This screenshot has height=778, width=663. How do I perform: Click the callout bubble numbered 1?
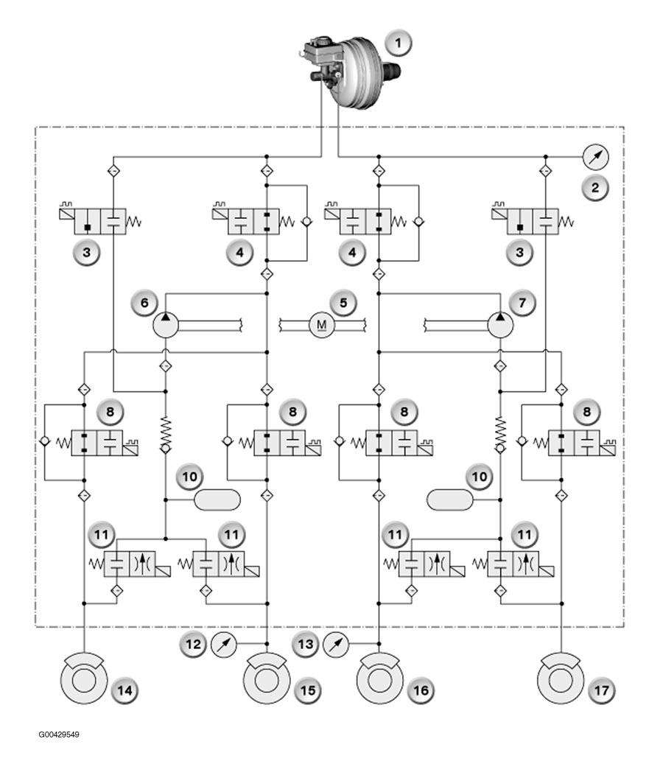tap(398, 43)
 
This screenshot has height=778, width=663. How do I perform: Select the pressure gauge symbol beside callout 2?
tap(595, 157)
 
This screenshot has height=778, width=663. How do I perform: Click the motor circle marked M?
tap(322, 325)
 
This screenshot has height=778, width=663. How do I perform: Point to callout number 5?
tap(343, 302)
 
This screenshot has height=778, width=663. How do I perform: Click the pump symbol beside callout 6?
tap(165, 325)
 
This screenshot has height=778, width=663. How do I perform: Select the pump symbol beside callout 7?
tap(500, 325)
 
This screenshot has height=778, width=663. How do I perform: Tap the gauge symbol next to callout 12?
tap(224, 644)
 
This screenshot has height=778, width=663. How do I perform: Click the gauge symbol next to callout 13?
tap(336, 644)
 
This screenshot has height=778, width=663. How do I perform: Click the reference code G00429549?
tap(58, 735)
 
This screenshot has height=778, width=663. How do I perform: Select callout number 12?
tap(193, 644)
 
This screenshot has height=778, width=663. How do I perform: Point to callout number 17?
tap(601, 690)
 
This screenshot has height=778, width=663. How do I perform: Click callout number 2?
tap(595, 188)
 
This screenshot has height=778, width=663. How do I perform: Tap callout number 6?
tap(144, 302)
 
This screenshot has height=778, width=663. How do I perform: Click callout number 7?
tap(522, 302)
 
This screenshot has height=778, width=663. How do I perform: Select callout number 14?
tap(125, 690)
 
